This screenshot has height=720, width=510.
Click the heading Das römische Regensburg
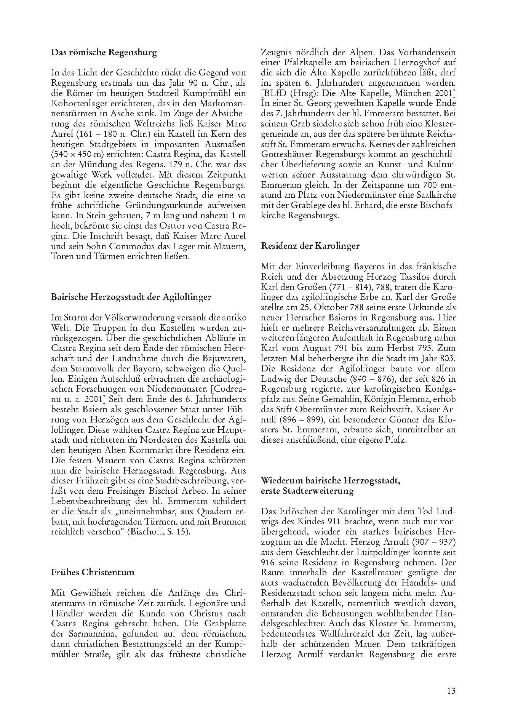coord(104,53)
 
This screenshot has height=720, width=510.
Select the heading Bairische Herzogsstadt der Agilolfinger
coord(131,297)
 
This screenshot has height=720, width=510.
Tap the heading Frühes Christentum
coord(93,572)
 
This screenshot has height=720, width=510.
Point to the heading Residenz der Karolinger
coord(310,246)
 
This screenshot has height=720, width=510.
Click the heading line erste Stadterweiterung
coord(307,491)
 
